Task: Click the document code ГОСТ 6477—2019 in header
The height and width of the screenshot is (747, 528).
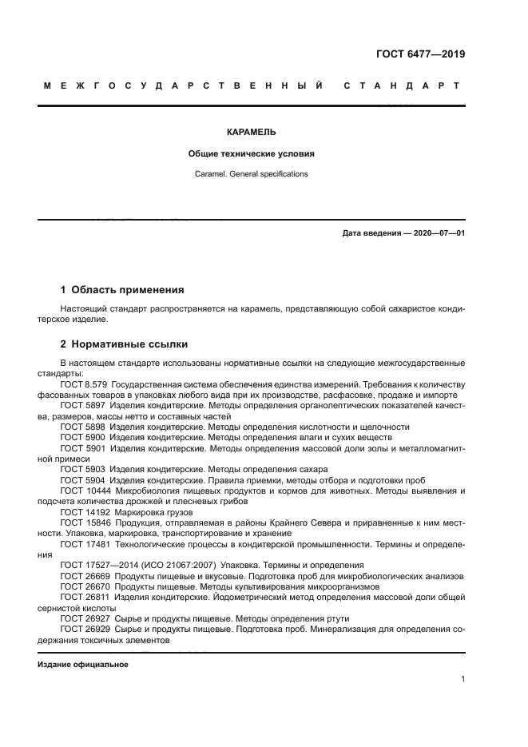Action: coord(421,55)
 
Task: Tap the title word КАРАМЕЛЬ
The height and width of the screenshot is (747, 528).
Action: coord(251,133)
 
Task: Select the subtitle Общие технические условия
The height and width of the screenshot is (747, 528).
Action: coord(251,153)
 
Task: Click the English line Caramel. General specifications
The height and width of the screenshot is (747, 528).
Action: coord(251,173)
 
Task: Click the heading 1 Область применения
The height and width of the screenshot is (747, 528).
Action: coord(122,289)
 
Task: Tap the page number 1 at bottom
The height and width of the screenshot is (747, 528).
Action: coord(462,679)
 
